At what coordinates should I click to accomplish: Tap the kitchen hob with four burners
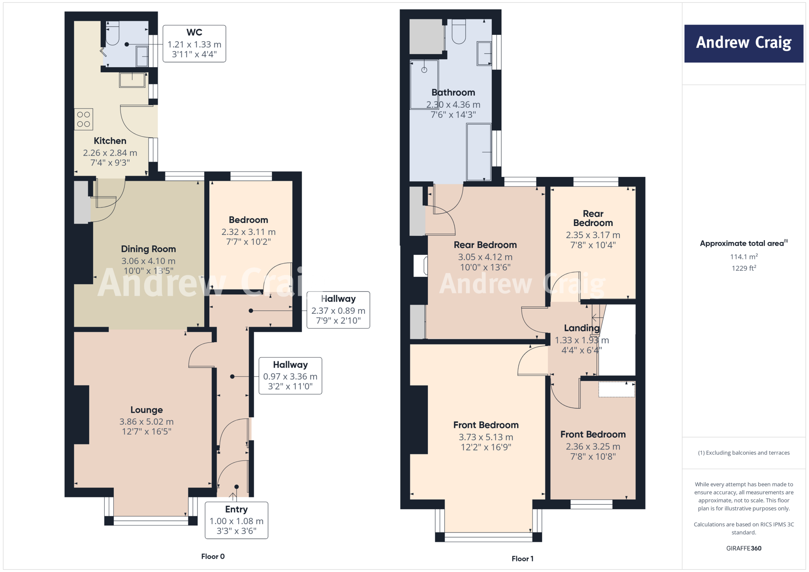pos(84,119)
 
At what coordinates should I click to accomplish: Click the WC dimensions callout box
pos(194,44)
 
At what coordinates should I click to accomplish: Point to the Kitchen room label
pos(110,141)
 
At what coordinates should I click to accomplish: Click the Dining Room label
pos(148,249)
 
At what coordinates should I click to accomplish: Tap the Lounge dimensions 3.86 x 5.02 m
pos(147,422)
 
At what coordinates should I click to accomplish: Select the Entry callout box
pos(236,520)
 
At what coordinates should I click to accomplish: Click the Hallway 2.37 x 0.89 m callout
pos(338,310)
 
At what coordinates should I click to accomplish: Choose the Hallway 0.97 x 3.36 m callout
pos(290,376)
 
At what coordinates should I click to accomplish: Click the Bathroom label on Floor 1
pos(453,92)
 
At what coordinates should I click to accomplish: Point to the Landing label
pos(581,328)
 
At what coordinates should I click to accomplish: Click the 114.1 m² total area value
pos(743,257)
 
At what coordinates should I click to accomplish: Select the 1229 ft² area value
pos(743,268)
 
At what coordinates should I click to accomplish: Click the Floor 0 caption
pos(213,556)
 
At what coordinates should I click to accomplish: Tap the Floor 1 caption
pos(522,559)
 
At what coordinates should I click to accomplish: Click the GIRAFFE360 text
pos(743,548)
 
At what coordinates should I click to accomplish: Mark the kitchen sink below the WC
pos(132,80)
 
